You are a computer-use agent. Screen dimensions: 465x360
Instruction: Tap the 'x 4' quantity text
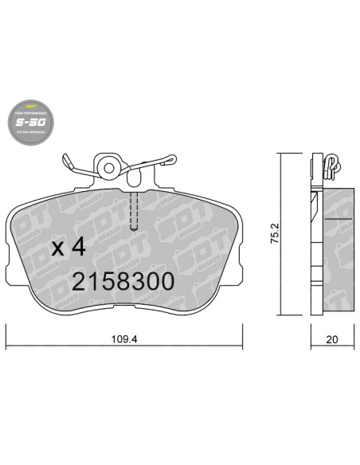68,247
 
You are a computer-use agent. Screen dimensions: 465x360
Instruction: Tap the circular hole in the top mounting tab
109,166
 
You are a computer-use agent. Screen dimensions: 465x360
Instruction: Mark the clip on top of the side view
331,164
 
